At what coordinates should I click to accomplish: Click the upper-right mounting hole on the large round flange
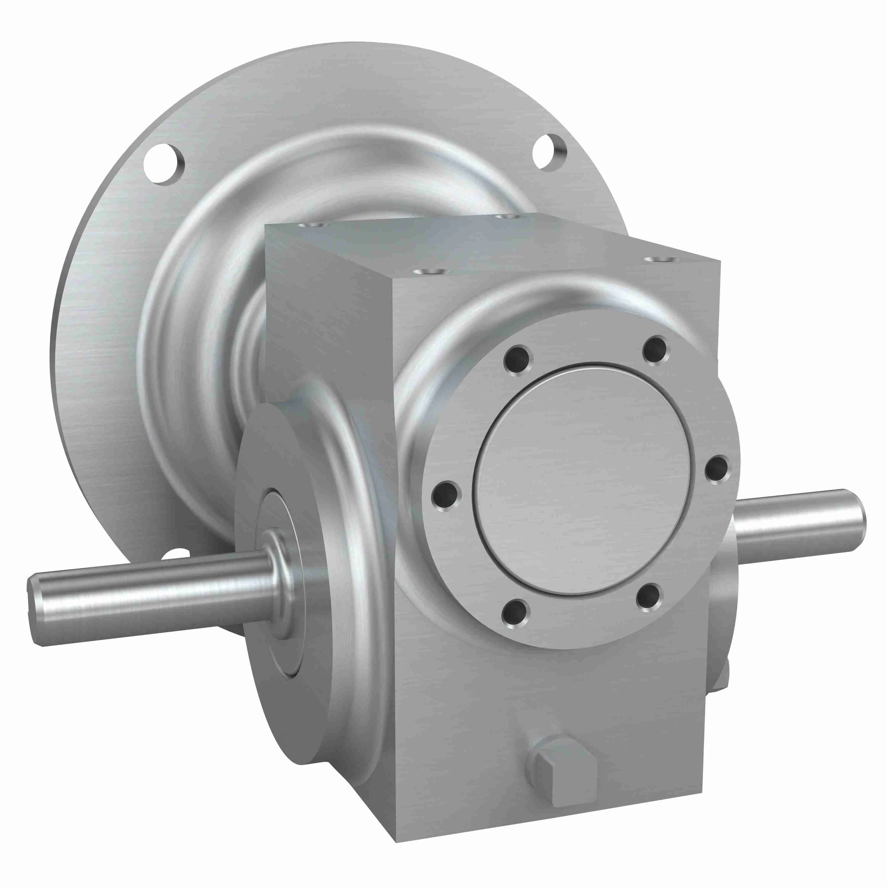pos(550,153)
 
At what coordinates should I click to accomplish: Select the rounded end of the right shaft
pos(855,521)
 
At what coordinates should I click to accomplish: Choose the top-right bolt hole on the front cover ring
pos(655,350)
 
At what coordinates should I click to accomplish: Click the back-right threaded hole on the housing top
pos(506,216)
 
